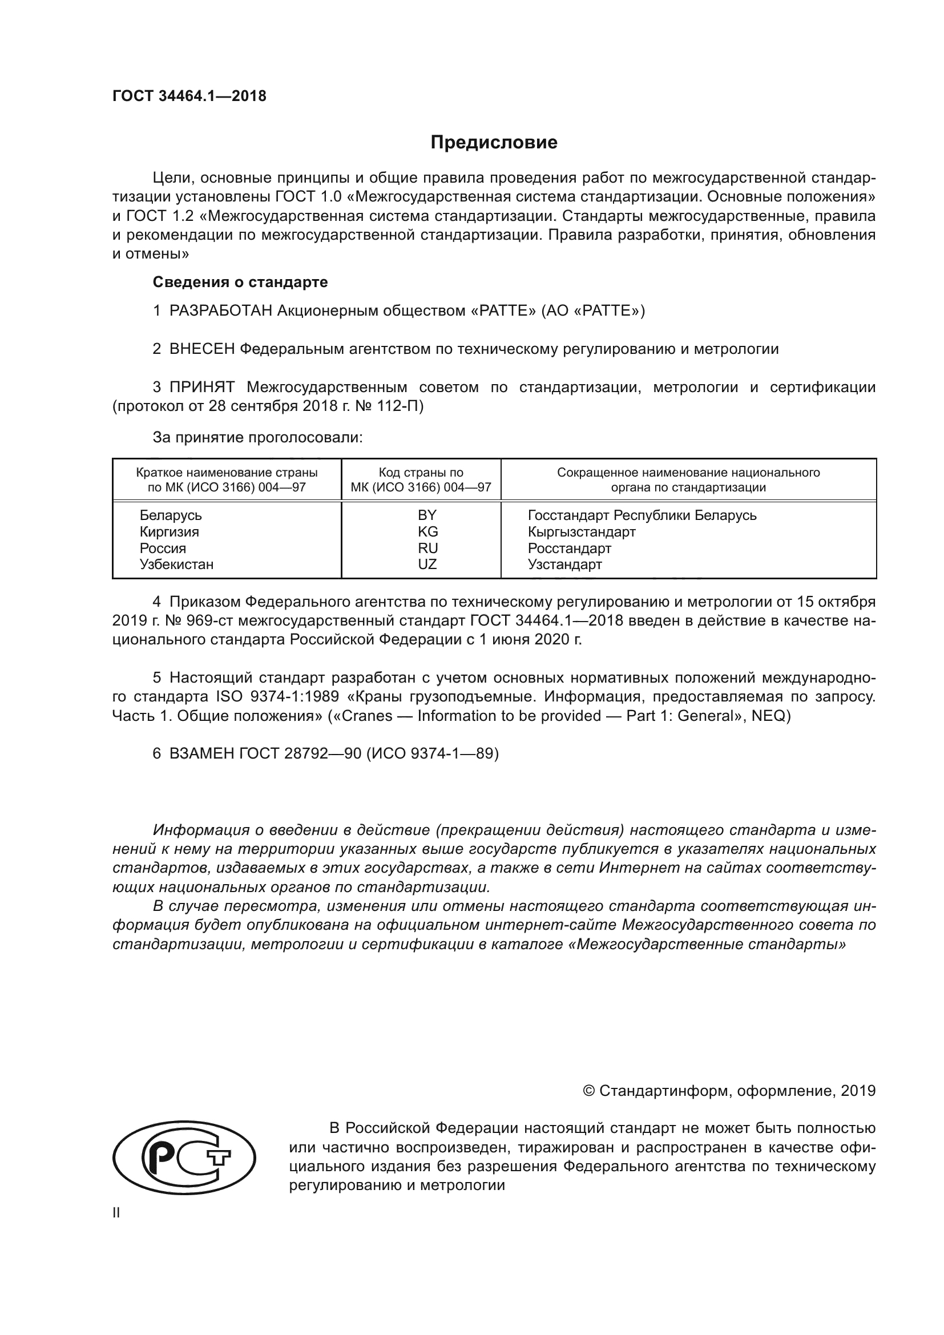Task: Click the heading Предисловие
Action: click(x=494, y=143)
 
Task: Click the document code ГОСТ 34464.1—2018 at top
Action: click(x=189, y=96)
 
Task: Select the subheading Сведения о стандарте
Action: click(x=240, y=282)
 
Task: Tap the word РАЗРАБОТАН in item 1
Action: click(x=220, y=310)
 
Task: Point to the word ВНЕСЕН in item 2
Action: click(x=201, y=349)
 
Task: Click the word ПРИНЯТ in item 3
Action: click(x=201, y=387)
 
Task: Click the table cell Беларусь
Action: click(x=170, y=515)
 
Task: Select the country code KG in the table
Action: click(x=427, y=531)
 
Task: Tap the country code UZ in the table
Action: click(x=427, y=564)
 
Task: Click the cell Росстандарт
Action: click(x=569, y=548)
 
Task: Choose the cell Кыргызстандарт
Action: click(x=581, y=531)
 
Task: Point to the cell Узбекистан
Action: click(x=176, y=564)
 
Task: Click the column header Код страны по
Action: click(x=421, y=472)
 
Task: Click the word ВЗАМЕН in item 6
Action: click(x=201, y=753)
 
